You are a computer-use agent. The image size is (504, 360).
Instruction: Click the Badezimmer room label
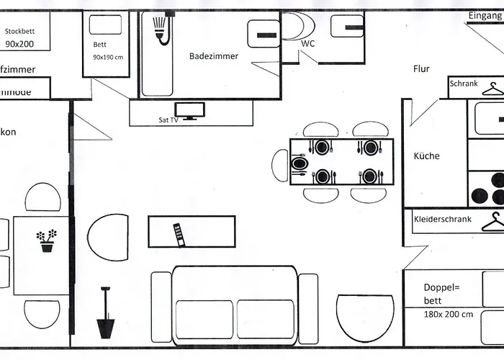point(214,56)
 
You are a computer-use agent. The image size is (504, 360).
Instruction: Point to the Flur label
point(421,69)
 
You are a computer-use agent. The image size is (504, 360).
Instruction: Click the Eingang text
point(483,15)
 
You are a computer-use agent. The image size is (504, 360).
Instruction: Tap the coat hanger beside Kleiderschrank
point(492,221)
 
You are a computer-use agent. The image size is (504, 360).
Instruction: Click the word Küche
point(426,156)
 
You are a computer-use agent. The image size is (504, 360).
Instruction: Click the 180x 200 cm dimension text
point(449,314)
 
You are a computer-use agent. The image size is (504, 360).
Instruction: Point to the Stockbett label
point(21,32)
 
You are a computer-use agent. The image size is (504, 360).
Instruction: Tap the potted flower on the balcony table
point(47,240)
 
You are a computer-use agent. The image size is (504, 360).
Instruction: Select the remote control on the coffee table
point(177,234)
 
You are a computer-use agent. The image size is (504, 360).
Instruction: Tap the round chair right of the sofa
point(365,316)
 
